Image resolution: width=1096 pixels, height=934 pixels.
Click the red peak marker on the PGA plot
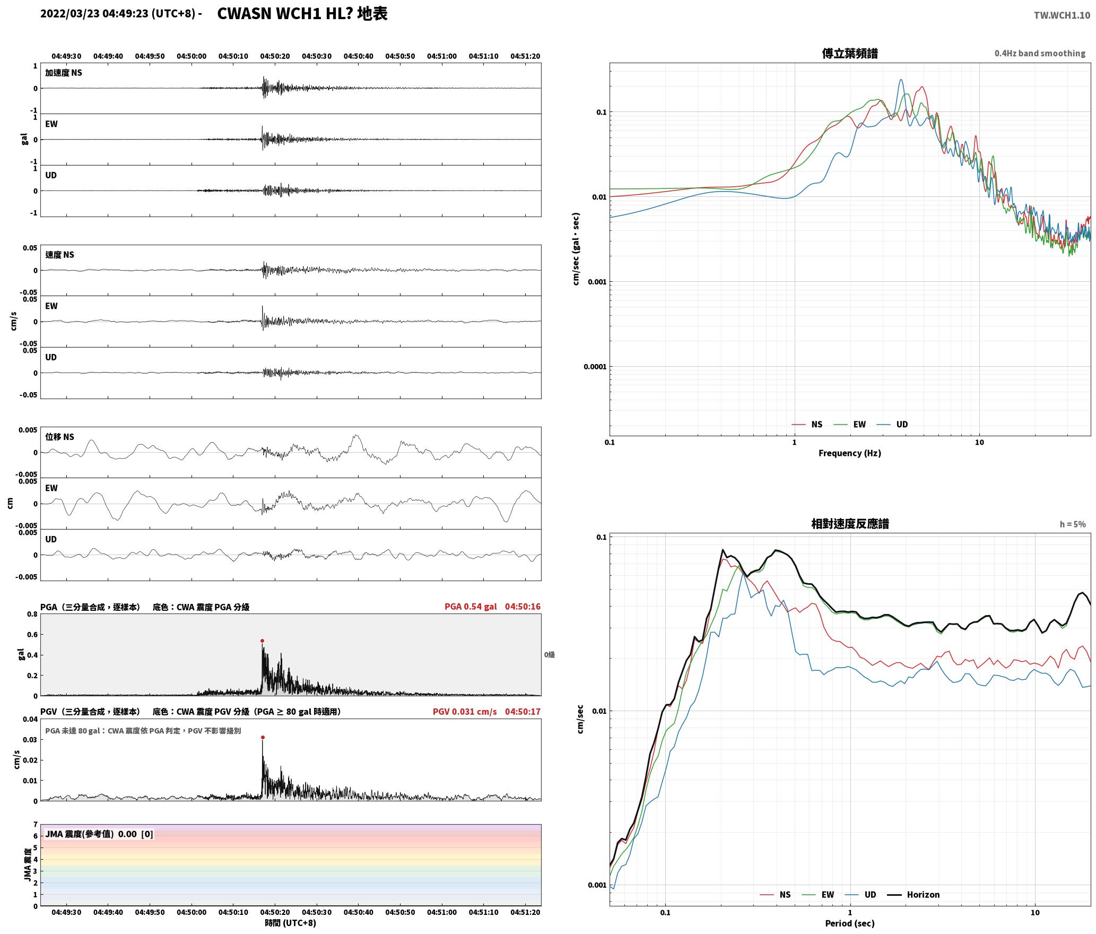(x=262, y=641)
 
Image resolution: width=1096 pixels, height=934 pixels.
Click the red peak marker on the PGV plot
(x=263, y=737)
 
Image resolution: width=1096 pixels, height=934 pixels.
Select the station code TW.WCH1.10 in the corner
(x=1062, y=15)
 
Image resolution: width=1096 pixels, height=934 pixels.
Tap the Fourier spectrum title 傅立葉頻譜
(x=850, y=53)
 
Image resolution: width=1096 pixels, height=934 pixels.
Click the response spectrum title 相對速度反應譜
(x=850, y=523)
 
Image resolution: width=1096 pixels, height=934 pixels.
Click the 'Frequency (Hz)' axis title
(x=849, y=453)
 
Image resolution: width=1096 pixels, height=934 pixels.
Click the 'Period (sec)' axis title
(x=849, y=923)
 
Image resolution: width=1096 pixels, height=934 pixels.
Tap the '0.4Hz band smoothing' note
(x=1040, y=53)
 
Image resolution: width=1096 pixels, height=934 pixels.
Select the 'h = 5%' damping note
(x=1073, y=524)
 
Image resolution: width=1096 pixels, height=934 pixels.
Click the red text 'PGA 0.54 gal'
(x=471, y=606)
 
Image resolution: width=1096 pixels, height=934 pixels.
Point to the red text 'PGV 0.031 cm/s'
(x=465, y=711)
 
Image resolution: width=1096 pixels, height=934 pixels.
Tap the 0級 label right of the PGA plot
(x=549, y=654)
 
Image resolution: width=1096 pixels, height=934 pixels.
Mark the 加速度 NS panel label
(x=64, y=73)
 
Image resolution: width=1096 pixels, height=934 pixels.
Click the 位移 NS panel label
(x=59, y=437)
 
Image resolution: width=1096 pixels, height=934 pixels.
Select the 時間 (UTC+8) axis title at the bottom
(x=291, y=923)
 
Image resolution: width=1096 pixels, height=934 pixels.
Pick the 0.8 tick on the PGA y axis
(x=32, y=614)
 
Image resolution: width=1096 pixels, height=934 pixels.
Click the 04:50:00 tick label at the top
(x=192, y=56)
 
